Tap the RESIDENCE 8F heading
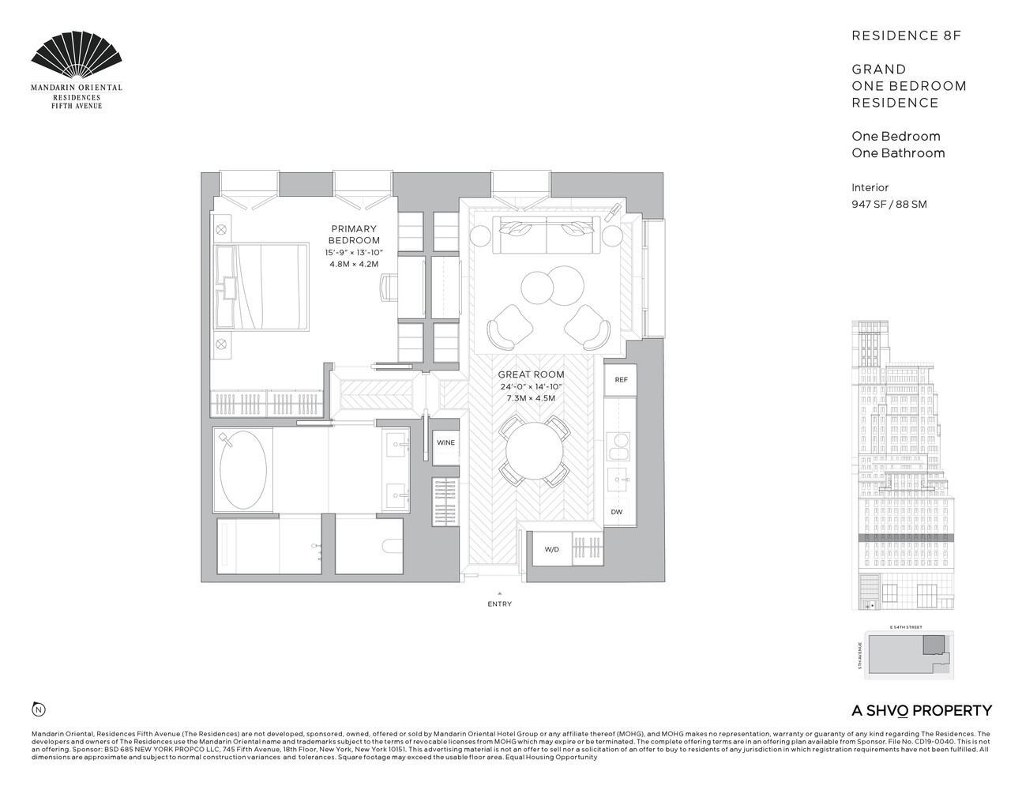906,36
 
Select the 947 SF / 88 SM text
889,204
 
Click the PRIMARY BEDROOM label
354,235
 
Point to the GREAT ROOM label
531,374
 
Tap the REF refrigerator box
621,380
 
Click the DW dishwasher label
617,512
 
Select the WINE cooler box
445,442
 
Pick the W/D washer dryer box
551,549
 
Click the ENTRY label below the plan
499,604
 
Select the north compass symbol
37,708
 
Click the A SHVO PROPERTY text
921,710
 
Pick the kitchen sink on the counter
618,479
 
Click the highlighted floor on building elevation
906,537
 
